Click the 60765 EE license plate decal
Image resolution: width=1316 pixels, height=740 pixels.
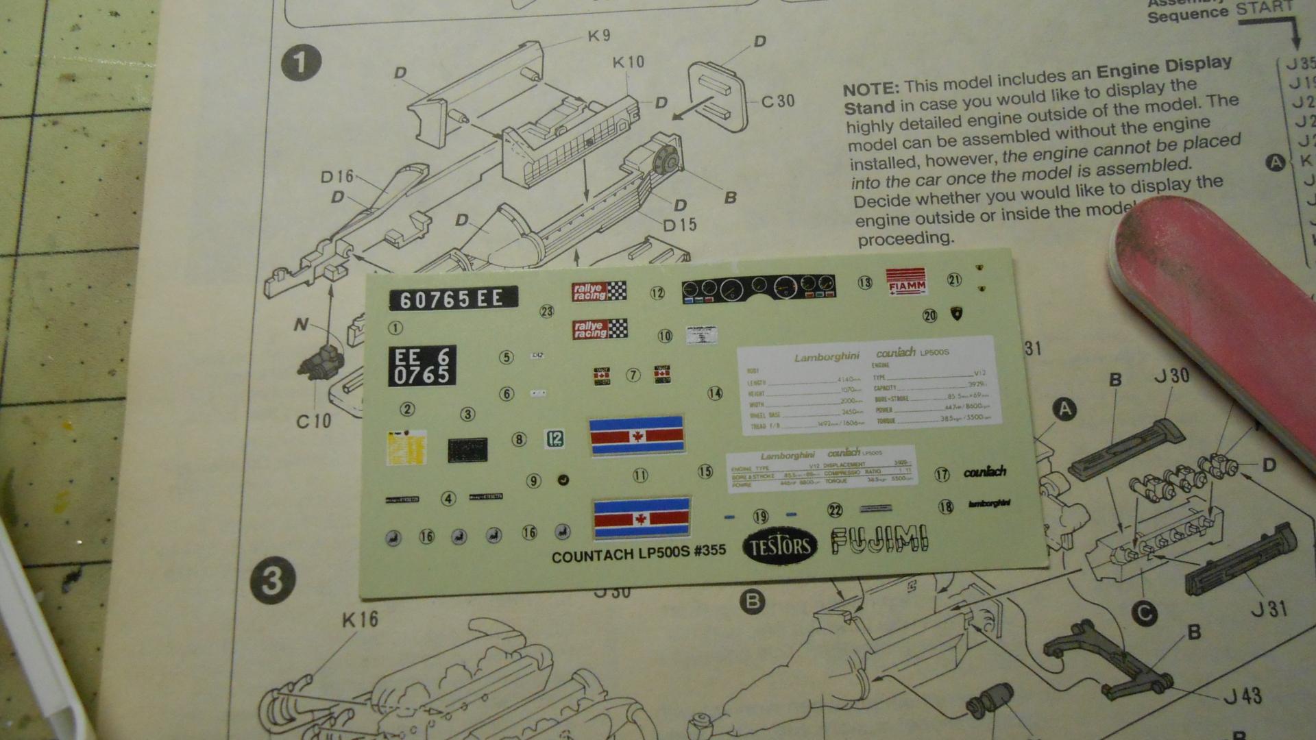click(452, 299)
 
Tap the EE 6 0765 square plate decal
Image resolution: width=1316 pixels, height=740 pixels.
click(422, 366)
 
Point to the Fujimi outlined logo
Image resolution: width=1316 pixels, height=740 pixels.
click(879, 540)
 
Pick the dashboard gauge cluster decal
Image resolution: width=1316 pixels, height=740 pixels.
click(759, 288)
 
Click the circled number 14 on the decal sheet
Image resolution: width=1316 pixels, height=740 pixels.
click(715, 393)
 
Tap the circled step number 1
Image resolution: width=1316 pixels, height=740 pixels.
click(301, 62)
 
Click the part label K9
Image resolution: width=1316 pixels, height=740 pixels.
click(598, 36)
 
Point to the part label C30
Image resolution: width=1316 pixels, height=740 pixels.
click(777, 101)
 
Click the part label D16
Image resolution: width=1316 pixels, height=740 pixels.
click(337, 177)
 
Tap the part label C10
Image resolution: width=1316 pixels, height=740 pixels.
click(313, 421)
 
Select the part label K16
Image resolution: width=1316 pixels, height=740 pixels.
click(359, 619)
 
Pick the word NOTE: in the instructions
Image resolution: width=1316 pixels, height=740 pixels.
click(870, 90)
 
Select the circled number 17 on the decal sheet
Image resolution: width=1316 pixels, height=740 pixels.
click(942, 474)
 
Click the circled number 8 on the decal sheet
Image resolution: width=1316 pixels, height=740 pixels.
click(519, 440)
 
